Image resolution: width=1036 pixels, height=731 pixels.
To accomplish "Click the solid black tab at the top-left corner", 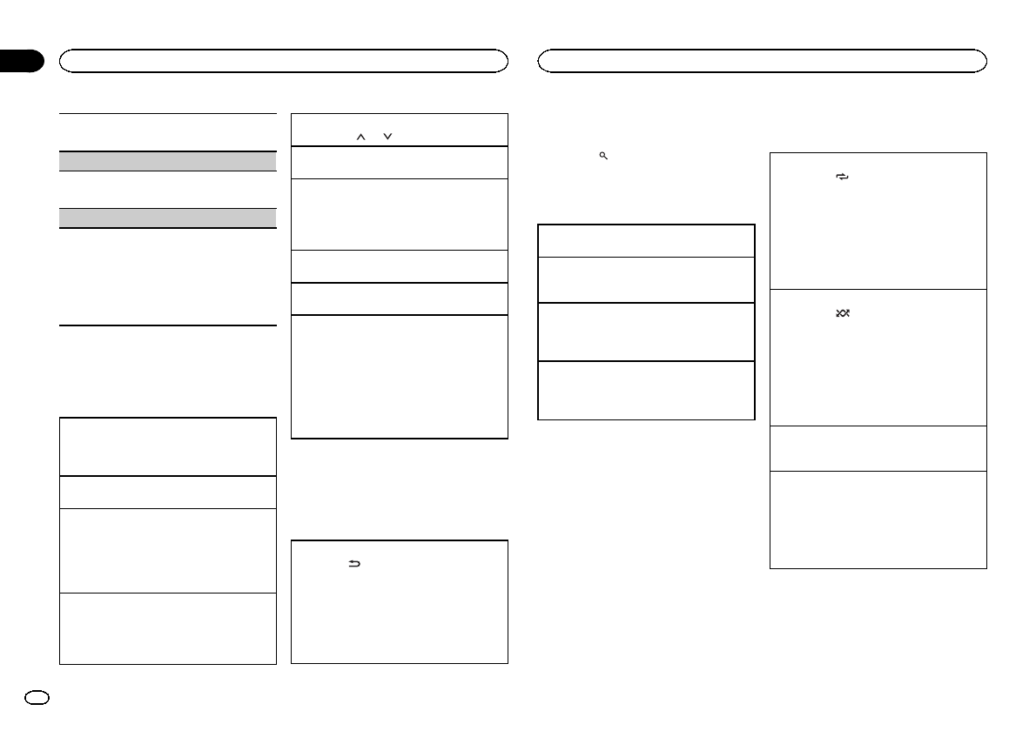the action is (21, 61).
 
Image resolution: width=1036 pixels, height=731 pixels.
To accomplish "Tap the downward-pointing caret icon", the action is (387, 136).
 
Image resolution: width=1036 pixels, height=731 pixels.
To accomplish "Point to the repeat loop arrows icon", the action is (842, 177).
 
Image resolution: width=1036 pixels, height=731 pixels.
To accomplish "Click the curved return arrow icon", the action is (353, 565).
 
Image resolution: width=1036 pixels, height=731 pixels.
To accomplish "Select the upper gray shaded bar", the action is (167, 160).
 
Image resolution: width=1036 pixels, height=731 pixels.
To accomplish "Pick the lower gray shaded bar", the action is (167, 218).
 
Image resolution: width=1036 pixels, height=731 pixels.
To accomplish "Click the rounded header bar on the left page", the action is (283, 60).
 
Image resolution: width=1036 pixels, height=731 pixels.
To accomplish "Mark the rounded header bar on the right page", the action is (762, 60).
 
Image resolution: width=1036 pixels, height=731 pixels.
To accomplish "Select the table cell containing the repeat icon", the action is (878, 221).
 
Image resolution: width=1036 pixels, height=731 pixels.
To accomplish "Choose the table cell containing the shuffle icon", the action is (878, 357).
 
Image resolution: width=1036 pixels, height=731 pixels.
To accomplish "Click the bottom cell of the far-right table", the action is (878, 520).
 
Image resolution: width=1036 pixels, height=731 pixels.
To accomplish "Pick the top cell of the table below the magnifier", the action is (646, 240).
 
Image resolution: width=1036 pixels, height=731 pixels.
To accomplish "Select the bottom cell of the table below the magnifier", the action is (646, 390).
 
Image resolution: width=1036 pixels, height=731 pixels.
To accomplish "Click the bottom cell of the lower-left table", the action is (167, 628).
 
